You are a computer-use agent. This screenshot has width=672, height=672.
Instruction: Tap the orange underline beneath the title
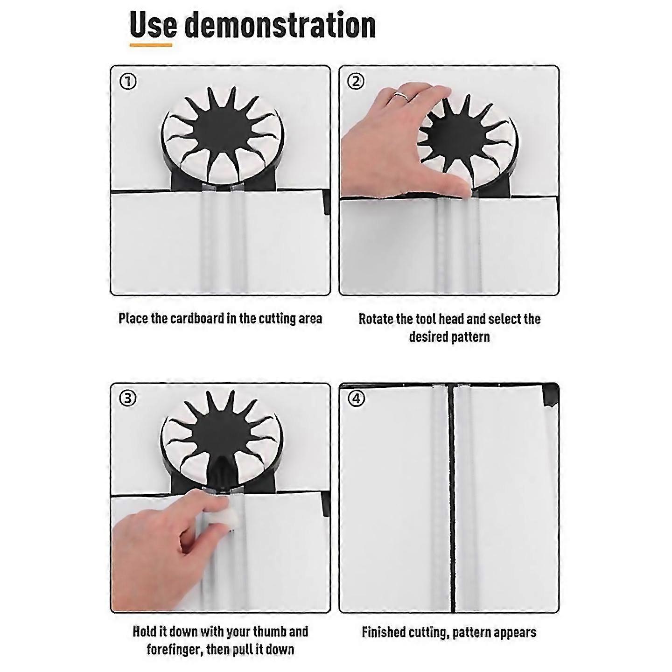tap(151, 45)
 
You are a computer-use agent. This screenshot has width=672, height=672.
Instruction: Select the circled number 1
tap(128, 82)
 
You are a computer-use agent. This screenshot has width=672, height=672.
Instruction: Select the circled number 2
tap(356, 82)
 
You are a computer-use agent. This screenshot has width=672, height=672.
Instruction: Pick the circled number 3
tap(128, 399)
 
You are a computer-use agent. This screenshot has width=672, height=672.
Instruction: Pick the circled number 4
tap(357, 399)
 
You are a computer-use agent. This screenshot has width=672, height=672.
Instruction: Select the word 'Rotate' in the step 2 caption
tap(376, 319)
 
